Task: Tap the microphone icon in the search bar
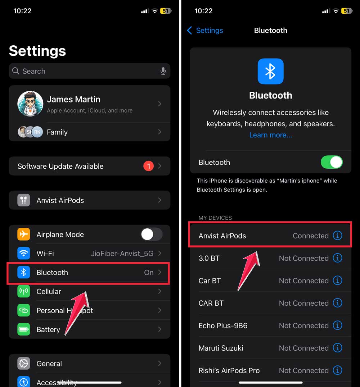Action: point(163,71)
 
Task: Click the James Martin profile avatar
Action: point(30,104)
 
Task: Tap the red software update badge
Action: point(148,166)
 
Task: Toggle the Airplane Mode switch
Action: point(151,235)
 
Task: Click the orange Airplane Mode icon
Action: point(24,235)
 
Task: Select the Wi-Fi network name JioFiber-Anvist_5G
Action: point(122,254)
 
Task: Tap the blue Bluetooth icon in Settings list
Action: point(24,273)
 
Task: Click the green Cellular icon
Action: point(24,291)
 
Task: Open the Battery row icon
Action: point(24,329)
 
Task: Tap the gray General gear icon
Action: point(24,364)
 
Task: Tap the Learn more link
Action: point(271,135)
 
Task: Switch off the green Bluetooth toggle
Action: point(332,162)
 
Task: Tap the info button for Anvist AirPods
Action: point(337,236)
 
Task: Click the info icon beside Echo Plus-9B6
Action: point(337,325)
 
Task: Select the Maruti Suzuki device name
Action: point(221,348)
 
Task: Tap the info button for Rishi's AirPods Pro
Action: point(337,370)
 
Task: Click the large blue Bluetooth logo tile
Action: point(271,71)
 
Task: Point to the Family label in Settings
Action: point(57,132)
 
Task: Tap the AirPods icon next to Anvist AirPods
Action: point(24,200)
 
